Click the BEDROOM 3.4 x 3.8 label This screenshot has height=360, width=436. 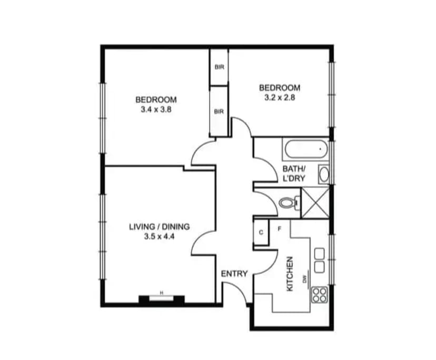pos(156,105)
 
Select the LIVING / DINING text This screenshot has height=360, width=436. pos(159,227)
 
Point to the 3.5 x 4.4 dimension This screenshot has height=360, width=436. pos(159,237)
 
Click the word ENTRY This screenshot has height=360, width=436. pos(234,274)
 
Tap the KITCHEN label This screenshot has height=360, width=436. pos(289,274)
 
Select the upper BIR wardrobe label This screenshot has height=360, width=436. pos(219,67)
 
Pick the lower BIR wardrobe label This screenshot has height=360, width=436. pos(219,112)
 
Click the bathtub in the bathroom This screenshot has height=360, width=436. pos(305,151)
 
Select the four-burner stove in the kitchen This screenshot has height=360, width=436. pos(320,295)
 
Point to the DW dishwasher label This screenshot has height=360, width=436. pos(304,280)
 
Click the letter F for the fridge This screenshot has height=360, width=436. pos(279,228)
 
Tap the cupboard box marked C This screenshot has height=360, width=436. pos(261,232)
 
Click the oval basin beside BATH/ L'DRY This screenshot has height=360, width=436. pos(324,174)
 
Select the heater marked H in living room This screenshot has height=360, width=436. pos(162,299)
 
